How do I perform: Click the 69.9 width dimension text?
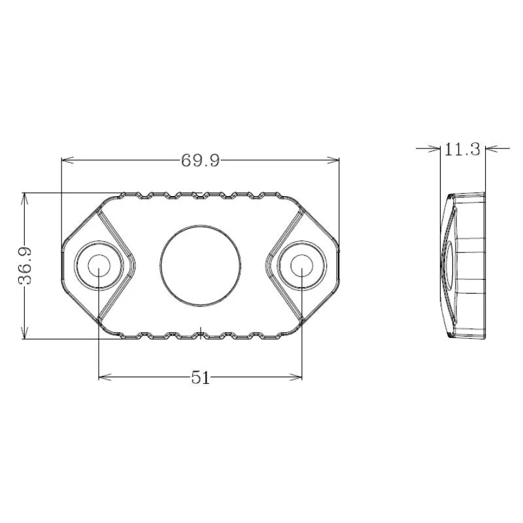coord(200,160)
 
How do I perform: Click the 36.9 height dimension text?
coord(27,265)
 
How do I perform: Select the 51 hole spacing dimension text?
coord(200,378)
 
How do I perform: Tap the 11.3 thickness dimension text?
coord(462,150)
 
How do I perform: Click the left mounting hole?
coord(99,265)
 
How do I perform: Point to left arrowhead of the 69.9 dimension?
coord(65,160)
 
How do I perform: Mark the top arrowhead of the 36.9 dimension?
coord(24,197)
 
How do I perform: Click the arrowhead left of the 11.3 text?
coord(435,148)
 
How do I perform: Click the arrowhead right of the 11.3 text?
coord(490,148)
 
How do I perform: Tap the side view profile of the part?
coord(465,265)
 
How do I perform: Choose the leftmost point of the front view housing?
coord(61,265)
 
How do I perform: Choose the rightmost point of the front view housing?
coord(339,265)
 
